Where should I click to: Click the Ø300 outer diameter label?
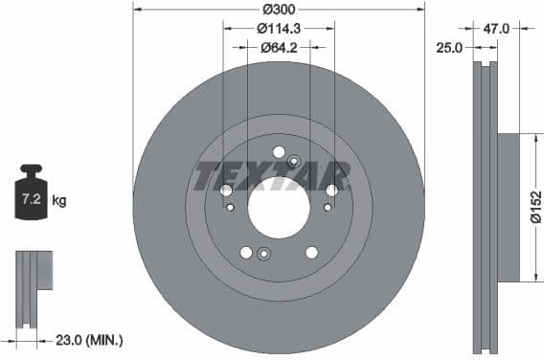279,10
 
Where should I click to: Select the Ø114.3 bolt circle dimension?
279,29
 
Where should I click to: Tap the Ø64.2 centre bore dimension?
279,46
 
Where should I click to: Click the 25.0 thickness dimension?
450,46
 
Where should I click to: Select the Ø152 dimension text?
535,207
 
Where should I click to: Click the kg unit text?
59,201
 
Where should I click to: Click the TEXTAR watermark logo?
272,176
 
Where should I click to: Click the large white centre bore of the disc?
279,208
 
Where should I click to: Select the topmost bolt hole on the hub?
279,151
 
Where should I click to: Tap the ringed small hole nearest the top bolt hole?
294,161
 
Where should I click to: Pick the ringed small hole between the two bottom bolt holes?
264,254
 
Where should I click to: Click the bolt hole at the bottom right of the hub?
311,252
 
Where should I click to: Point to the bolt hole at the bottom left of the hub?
246,252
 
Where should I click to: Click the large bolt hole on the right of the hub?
331,191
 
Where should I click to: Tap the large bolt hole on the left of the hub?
226,191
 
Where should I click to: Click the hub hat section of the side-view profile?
508,207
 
